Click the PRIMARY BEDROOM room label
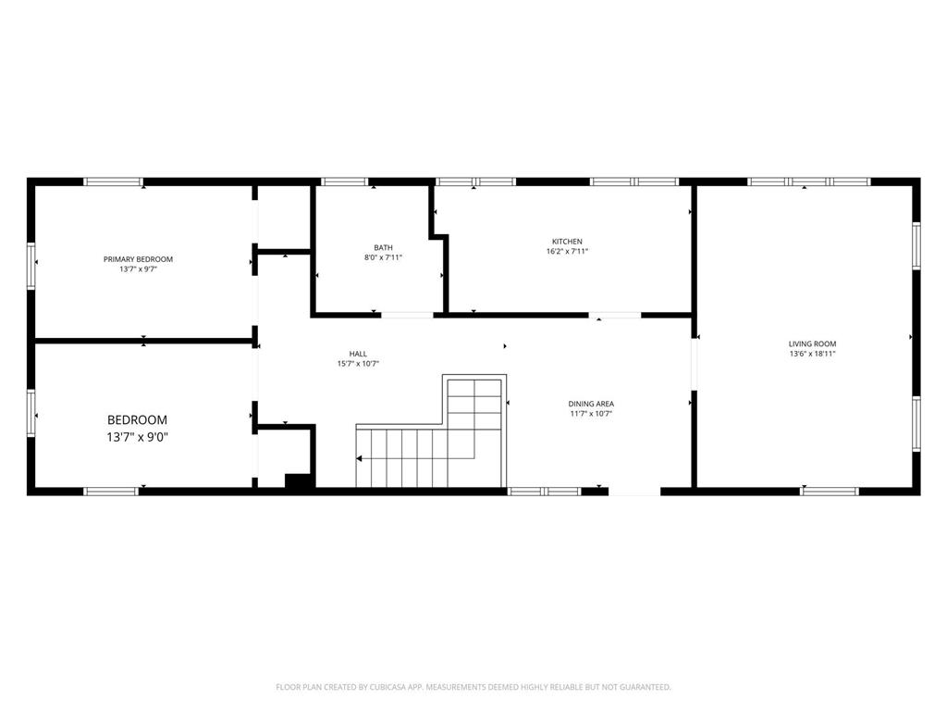pyautogui.click(x=138, y=259)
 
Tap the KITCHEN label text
pyautogui.click(x=567, y=242)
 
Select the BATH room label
pyautogui.click(x=383, y=247)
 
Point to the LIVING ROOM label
pyautogui.click(x=812, y=344)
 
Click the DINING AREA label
pyautogui.click(x=591, y=404)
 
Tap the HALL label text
pyautogui.click(x=358, y=354)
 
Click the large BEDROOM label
pyautogui.click(x=137, y=419)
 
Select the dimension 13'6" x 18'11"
pyautogui.click(x=812, y=355)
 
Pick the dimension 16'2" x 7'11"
pyautogui.click(x=567, y=252)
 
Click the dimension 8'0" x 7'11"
pyautogui.click(x=383, y=257)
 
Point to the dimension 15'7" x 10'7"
pyautogui.click(x=358, y=364)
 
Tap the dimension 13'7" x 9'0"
pyautogui.click(x=137, y=437)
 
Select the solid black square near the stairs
pyautogui.click(x=297, y=480)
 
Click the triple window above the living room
pyautogui.click(x=808, y=181)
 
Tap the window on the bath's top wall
pyautogui.click(x=344, y=181)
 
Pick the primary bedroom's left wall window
pyautogui.click(x=31, y=266)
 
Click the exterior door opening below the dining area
pyautogui.click(x=634, y=492)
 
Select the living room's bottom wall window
pyautogui.click(x=830, y=492)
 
